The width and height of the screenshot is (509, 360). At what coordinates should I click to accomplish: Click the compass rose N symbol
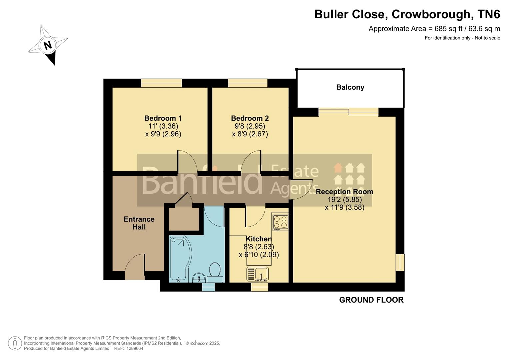coord(48,45)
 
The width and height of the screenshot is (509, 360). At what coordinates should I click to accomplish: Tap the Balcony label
coord(350,87)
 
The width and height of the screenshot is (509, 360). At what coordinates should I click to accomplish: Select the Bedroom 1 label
coord(163,118)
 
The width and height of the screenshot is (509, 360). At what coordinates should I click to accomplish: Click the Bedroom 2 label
coord(250,118)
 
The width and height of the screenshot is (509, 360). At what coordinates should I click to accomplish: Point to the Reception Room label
coord(344,192)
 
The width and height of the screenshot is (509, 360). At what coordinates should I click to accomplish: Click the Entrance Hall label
coord(139,223)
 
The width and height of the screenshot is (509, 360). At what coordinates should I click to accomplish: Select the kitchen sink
coord(258,274)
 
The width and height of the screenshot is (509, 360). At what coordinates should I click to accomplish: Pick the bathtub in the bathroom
coord(179,258)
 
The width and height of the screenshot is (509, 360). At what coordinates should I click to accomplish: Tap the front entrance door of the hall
coord(135,267)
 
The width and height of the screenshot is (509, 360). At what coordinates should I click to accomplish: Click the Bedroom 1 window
coord(161,83)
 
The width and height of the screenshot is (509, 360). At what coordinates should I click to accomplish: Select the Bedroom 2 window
coord(248,83)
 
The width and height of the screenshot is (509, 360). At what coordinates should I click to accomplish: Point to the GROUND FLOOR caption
coord(371,300)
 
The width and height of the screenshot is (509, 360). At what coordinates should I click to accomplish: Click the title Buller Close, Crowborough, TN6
coord(407,14)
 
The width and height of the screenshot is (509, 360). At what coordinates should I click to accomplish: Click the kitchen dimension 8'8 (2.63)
coord(259,247)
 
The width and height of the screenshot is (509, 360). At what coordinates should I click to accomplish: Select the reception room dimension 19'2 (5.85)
coord(344,200)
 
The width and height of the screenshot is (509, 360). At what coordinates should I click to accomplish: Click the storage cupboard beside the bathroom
coord(184,219)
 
